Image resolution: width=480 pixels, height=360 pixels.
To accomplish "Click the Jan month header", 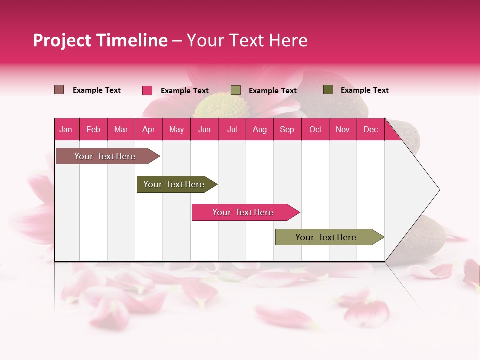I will (66, 129).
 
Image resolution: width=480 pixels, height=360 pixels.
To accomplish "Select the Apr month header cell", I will (149, 129).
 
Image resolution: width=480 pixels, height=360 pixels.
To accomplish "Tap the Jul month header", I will (232, 129).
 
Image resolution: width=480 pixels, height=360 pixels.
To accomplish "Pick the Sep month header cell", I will (287, 129).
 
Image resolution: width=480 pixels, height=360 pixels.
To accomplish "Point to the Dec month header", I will (370, 129).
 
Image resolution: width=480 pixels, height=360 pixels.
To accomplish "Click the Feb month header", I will (93, 129).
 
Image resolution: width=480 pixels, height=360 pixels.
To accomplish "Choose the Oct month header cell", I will (315, 129).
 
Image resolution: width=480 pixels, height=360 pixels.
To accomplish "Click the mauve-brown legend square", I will (59, 90).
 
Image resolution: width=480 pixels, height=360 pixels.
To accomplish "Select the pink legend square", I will (147, 90).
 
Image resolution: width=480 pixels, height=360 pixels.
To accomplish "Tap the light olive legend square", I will (236, 90).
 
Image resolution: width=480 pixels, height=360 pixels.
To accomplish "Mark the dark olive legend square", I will (328, 90).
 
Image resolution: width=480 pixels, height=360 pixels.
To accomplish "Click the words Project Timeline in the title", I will (100, 40).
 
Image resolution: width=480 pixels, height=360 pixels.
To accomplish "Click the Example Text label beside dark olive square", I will (364, 90).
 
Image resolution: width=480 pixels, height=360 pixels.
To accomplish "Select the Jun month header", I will (204, 129).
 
